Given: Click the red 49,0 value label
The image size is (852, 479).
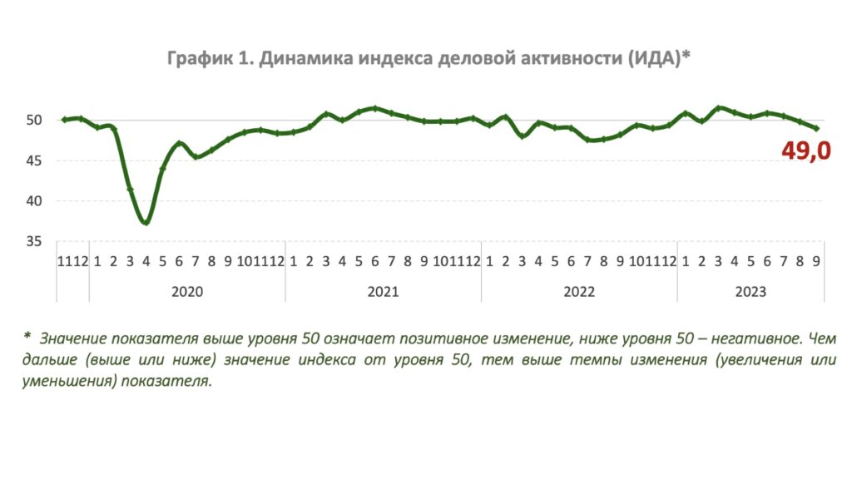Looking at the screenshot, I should [x=806, y=151].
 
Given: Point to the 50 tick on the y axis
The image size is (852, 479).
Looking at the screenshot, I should [x=33, y=120].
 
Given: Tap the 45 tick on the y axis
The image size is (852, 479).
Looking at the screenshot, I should [x=33, y=160].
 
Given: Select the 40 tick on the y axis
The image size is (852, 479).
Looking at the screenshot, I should [x=33, y=200].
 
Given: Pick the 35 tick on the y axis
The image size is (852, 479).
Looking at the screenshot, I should [x=33, y=241].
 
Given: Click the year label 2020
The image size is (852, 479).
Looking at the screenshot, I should [x=186, y=292].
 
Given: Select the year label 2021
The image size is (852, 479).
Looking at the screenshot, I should [x=383, y=292].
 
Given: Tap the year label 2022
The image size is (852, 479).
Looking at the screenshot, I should [x=579, y=292].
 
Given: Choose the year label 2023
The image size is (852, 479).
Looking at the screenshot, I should [x=750, y=292].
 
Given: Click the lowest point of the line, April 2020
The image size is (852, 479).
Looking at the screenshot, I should [x=146, y=222].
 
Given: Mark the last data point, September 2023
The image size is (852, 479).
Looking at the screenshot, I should [x=815, y=128].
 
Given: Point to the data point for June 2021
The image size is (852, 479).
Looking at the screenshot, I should [x=375, y=109].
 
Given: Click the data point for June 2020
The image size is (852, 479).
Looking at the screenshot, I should [x=179, y=144].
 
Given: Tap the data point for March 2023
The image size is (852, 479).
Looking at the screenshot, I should [x=718, y=108].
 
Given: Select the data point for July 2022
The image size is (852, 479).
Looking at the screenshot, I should [x=587, y=140].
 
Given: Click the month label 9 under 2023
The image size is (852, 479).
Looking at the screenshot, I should [x=815, y=261].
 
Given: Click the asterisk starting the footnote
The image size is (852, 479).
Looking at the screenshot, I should [x=27, y=337].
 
